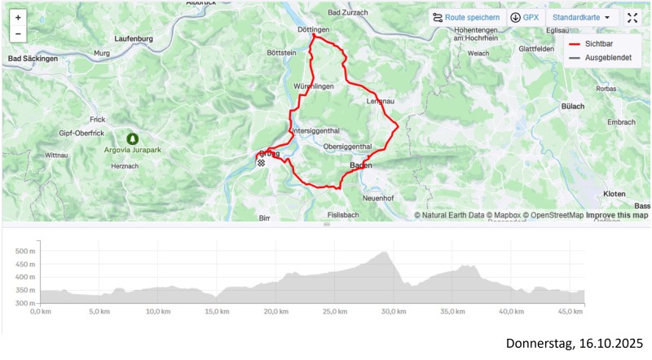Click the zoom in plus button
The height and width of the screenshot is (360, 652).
tap(18, 17)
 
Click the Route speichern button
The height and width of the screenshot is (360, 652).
tap(466, 17)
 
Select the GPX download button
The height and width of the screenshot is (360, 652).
tap(524, 17)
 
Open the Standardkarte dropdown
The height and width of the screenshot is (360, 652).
tap(581, 17)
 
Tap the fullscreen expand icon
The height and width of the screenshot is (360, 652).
tap(632, 17)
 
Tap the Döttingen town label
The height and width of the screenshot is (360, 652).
tap(314, 29)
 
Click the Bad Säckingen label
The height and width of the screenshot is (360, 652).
tap(33, 59)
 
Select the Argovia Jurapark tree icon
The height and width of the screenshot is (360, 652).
tap(132, 138)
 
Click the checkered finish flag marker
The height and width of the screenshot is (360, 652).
tap(262, 163)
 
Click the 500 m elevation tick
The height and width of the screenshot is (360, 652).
tap(24, 252)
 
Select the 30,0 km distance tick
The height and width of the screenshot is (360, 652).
tap(394, 311)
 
